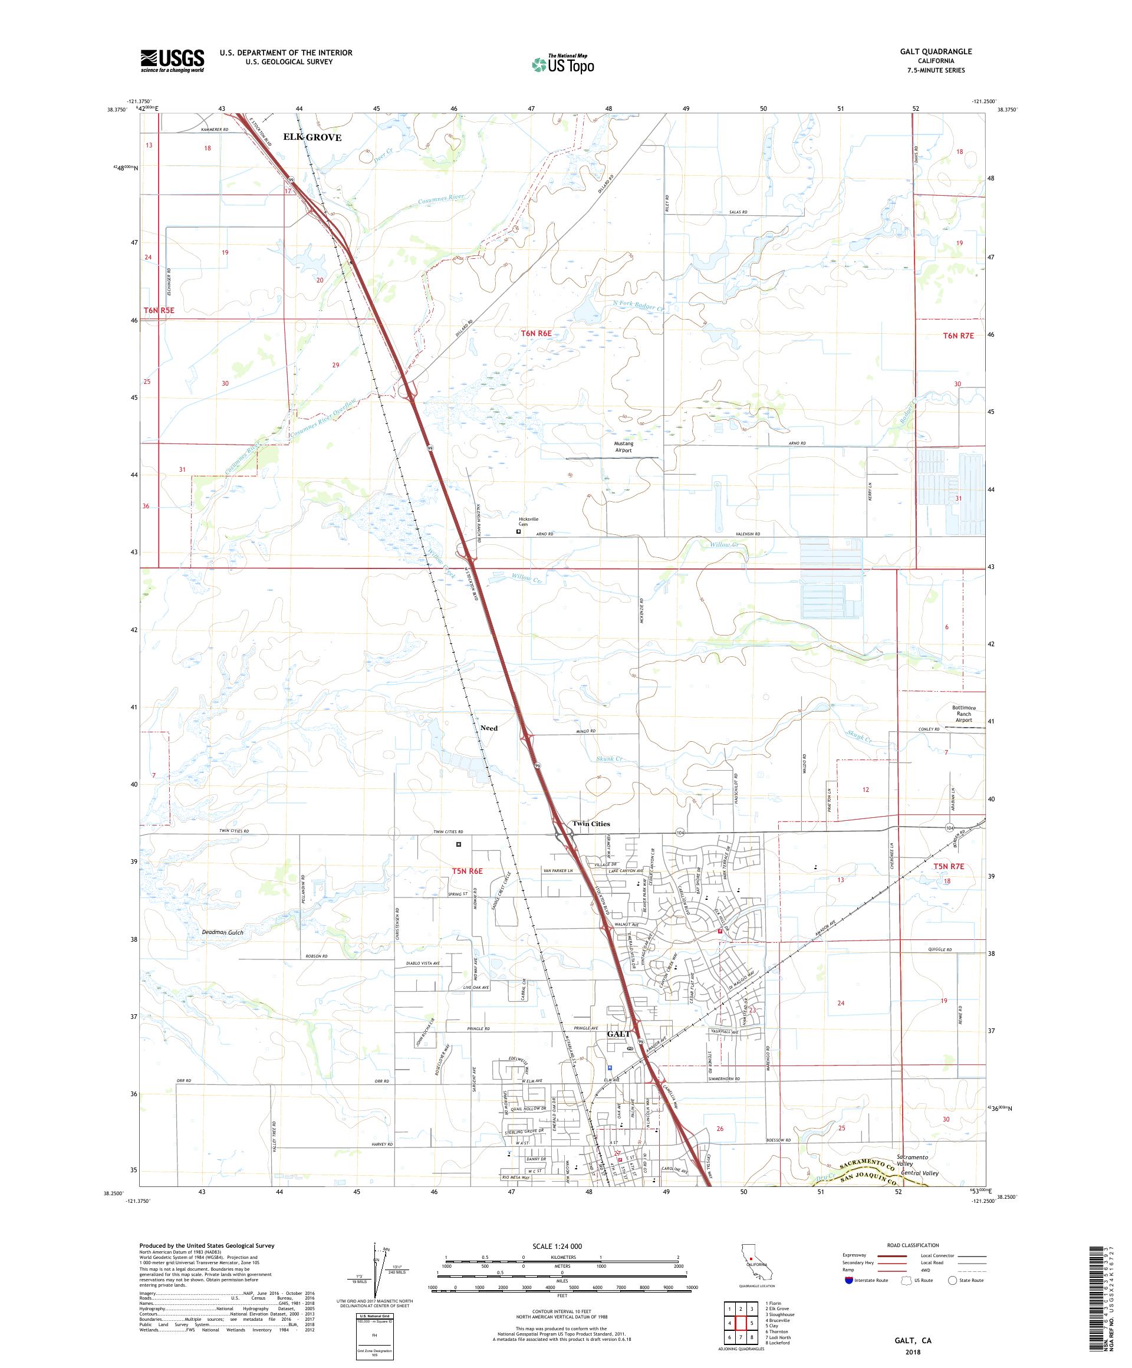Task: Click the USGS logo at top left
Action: [x=172, y=61]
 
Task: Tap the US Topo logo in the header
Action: [x=564, y=63]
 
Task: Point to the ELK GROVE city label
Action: [x=312, y=137]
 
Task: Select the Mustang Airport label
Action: [x=623, y=446]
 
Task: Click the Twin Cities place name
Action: [x=591, y=823]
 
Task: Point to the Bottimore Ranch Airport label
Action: [x=963, y=714]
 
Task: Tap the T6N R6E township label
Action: [x=536, y=334]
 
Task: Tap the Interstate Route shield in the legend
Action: [x=848, y=1280]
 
